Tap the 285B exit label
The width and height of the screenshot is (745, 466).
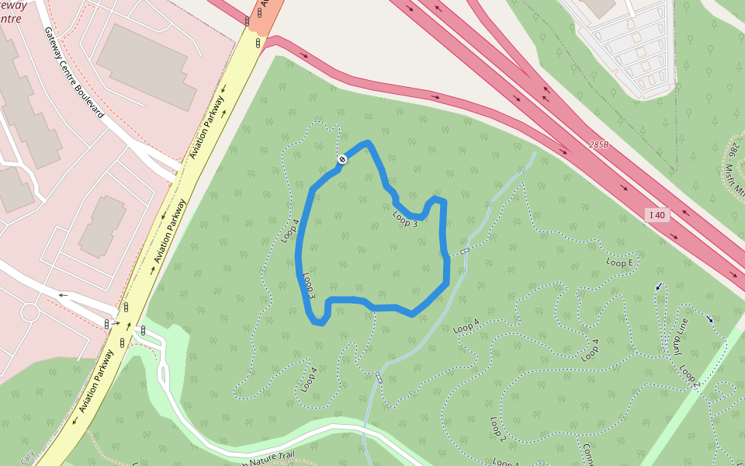pos(599,145)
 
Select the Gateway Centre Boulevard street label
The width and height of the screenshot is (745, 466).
pos(73,73)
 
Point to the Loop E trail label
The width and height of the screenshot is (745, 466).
pos(620,263)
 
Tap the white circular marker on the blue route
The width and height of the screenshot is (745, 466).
pos(341,159)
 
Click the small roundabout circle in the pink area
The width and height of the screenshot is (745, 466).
pos(29,313)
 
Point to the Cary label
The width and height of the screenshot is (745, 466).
pos(27,458)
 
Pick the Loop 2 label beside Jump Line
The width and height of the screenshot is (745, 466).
pos(690,376)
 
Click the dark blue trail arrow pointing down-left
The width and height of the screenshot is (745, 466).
pos(659,287)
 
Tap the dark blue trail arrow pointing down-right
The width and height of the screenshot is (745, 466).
pos(709,318)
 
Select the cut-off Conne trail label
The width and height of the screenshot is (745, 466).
pos(587,455)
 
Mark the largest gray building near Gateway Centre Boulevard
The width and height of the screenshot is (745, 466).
pos(147,65)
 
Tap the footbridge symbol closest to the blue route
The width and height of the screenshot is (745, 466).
pos(464,252)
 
